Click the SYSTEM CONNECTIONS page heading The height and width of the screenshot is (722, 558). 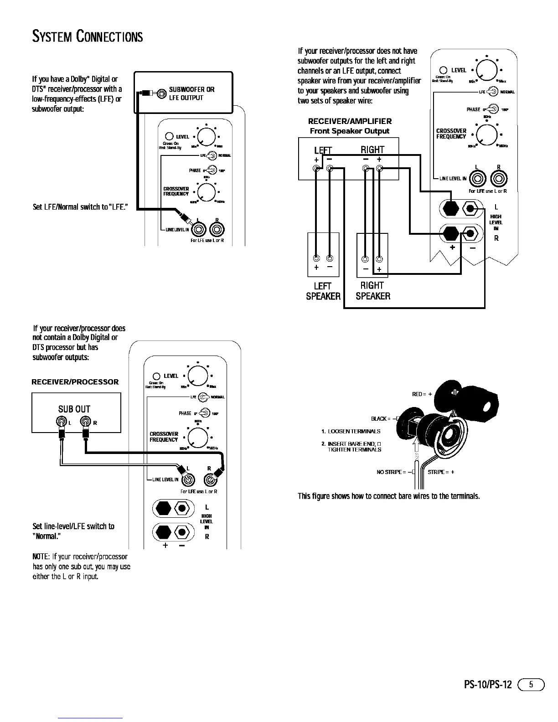[87, 36]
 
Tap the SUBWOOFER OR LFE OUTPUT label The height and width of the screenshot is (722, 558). [191, 93]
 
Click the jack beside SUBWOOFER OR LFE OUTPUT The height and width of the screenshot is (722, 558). [162, 94]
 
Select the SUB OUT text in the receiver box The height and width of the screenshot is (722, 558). [74, 409]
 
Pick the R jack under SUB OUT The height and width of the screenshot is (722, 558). [86, 422]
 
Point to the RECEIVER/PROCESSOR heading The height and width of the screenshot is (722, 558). [75, 382]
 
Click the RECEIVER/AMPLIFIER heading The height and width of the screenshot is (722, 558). [350, 121]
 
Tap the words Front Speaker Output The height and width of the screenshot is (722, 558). [350, 131]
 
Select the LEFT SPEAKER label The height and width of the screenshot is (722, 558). [323, 291]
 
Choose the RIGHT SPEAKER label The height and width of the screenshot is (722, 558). [372, 291]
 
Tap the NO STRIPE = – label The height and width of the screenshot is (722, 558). [394, 472]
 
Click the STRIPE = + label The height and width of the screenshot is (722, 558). [441, 472]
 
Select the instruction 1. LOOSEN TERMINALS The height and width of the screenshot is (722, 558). [351, 431]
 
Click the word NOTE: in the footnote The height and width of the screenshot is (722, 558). [41, 557]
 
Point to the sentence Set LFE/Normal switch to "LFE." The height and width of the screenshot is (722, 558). [80, 208]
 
